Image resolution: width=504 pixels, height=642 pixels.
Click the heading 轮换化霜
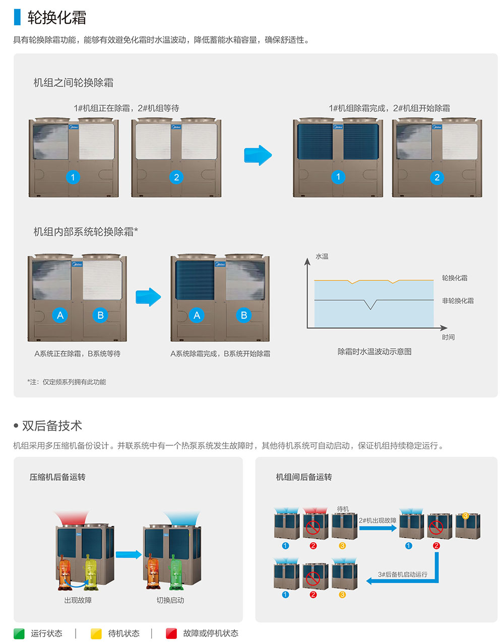click(x=56, y=18)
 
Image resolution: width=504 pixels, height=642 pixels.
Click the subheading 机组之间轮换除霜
click(x=74, y=83)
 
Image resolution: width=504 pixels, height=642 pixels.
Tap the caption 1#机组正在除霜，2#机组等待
click(x=126, y=108)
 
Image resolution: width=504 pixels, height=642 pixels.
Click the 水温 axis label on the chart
click(x=322, y=257)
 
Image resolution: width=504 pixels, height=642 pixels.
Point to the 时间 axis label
click(x=448, y=337)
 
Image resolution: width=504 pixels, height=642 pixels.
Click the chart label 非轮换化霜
click(x=458, y=301)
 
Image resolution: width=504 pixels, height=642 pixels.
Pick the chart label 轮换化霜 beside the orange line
click(x=455, y=278)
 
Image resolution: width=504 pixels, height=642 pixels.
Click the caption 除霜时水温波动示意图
click(x=374, y=352)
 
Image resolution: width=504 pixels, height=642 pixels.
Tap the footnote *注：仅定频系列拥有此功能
click(x=67, y=382)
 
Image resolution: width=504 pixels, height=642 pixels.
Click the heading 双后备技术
click(x=52, y=426)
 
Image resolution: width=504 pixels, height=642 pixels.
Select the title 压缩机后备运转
click(x=57, y=477)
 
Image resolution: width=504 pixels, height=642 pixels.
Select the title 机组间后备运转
click(x=303, y=477)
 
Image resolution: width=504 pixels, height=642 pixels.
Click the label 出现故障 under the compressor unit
click(x=78, y=600)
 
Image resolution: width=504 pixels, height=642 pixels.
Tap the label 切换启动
click(x=170, y=600)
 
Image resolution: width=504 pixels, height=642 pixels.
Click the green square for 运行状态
click(x=19, y=633)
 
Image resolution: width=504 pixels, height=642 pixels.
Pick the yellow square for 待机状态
click(x=96, y=633)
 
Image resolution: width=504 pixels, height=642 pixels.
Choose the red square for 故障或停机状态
click(x=171, y=633)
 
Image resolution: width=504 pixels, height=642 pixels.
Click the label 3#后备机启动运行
click(x=403, y=574)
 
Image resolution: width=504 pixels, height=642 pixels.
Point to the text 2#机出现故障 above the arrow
click(x=377, y=520)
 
